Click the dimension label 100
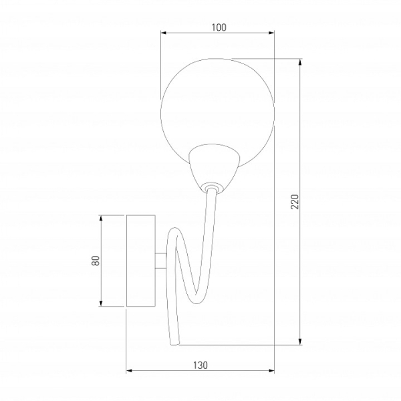pos(219,27)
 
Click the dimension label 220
pos(295,202)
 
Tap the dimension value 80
pos(96,261)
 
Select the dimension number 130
pos(200,366)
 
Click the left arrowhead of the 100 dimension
pos(164,33)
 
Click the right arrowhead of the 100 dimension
pos(271,33)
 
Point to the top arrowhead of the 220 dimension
pos(300,62)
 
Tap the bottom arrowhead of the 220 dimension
pos(300,342)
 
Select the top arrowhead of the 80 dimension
pos(101,219)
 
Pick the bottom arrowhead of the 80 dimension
pos(101,303)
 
